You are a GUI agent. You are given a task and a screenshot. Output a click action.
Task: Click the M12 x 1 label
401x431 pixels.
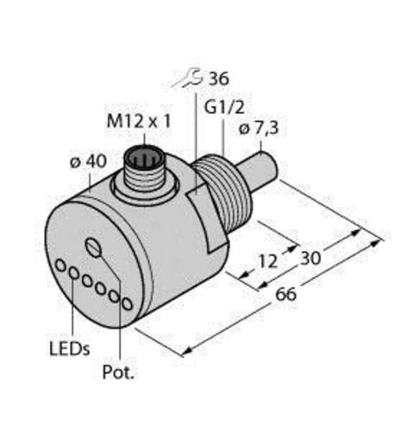[138, 122]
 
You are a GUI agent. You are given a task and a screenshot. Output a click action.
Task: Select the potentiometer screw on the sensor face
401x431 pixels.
[94, 249]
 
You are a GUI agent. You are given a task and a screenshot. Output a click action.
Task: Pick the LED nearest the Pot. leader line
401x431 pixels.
[127, 303]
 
